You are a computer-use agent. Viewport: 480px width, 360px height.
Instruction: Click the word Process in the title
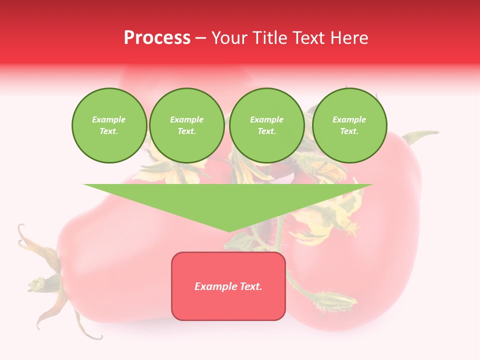coord(157,38)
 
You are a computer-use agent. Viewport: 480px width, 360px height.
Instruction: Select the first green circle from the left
coord(109,125)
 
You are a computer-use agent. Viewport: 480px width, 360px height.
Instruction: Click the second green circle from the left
coord(187,125)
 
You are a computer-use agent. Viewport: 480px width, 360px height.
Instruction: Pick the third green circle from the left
coord(267,125)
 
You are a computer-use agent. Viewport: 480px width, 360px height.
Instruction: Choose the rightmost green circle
coord(349,125)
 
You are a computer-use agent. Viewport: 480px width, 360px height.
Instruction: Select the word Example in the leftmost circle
coord(109,120)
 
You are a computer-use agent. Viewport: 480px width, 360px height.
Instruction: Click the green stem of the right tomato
coord(420,136)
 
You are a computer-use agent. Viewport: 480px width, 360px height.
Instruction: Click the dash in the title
coord(200,38)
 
